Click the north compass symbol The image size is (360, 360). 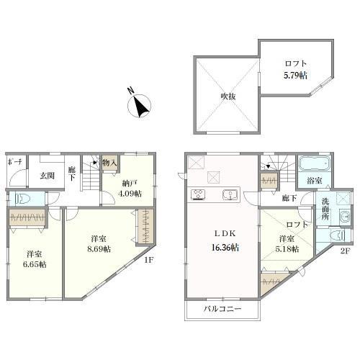coord(139,106)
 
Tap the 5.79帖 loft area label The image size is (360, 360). coord(295,76)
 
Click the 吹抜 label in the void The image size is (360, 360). coord(228,96)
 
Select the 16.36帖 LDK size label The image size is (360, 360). coord(225,248)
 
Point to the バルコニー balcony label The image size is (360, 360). coord(222,309)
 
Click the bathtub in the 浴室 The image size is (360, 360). coord(315,164)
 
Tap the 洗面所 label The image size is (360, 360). coord(325,209)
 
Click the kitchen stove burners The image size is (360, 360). coord(198,194)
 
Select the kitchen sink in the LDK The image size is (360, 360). coord(230,194)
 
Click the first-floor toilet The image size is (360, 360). coord(22,199)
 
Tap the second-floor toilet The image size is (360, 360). coord(338,235)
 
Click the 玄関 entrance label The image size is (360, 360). coord(47,176)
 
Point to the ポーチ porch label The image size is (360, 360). coord(15,162)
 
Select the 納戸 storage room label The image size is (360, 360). coord(130,184)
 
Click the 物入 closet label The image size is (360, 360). coord(109,163)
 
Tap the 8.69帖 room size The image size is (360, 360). coord(99,249)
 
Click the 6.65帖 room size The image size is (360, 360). coord(35,264)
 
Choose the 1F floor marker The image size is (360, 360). coord(149,260)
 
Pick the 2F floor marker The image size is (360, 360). coord(346,251)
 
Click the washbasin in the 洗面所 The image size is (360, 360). coord(345,216)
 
